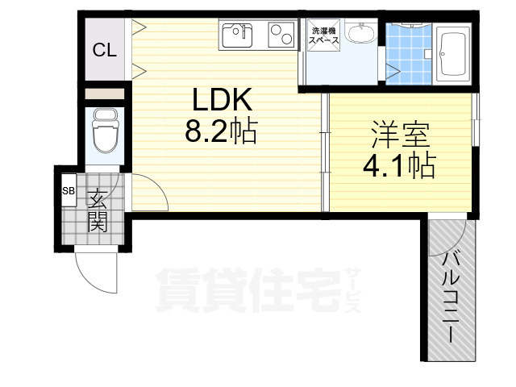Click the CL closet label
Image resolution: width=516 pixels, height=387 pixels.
104,51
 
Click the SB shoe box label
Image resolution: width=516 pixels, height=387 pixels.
69,192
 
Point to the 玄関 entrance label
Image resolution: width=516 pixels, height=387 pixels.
98,210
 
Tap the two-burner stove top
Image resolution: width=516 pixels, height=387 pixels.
279,35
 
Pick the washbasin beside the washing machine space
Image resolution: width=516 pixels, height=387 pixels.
364,35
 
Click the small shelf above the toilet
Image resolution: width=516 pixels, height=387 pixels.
104,93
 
